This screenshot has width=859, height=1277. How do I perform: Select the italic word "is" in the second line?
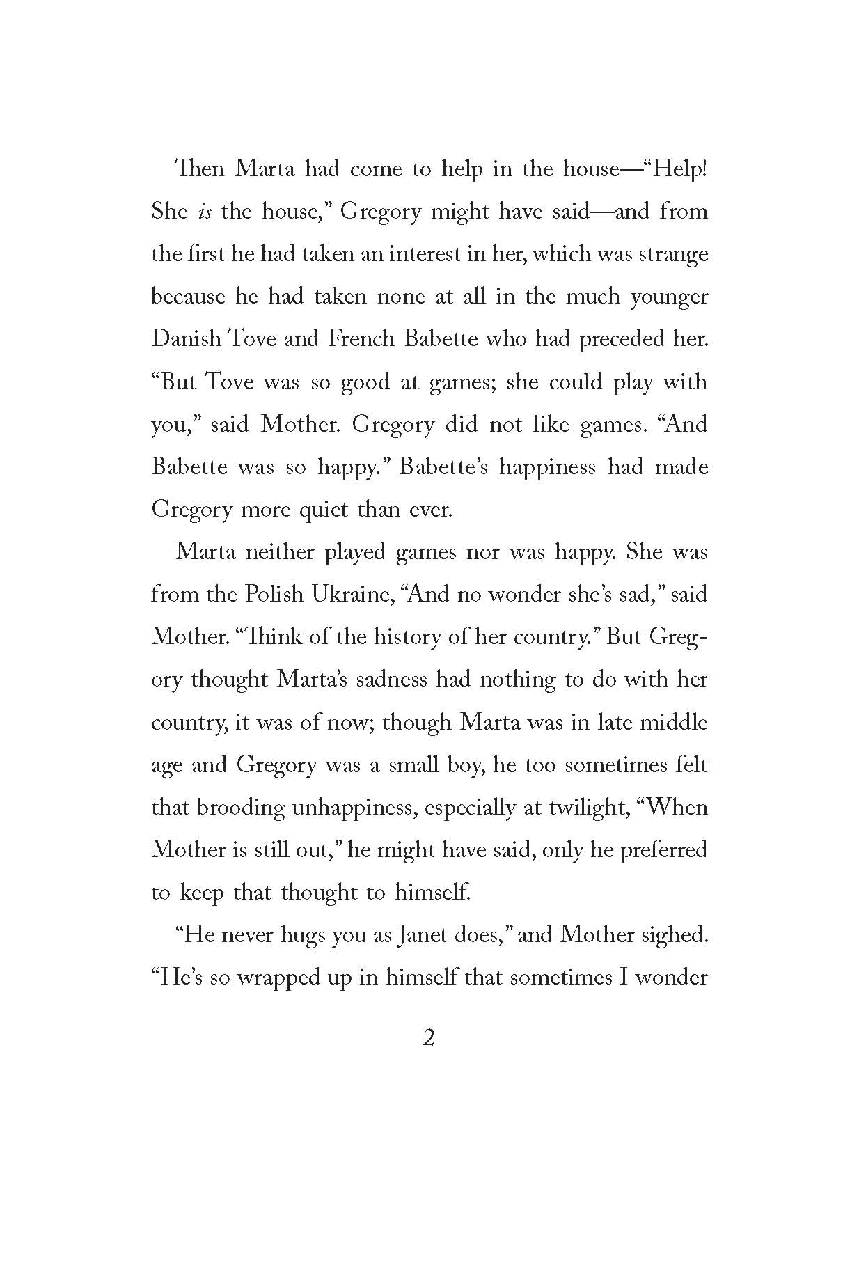click(x=201, y=211)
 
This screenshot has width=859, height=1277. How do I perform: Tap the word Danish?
click(x=187, y=338)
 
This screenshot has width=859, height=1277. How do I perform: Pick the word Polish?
click(x=274, y=594)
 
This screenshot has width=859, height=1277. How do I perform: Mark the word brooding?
click(x=241, y=807)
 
